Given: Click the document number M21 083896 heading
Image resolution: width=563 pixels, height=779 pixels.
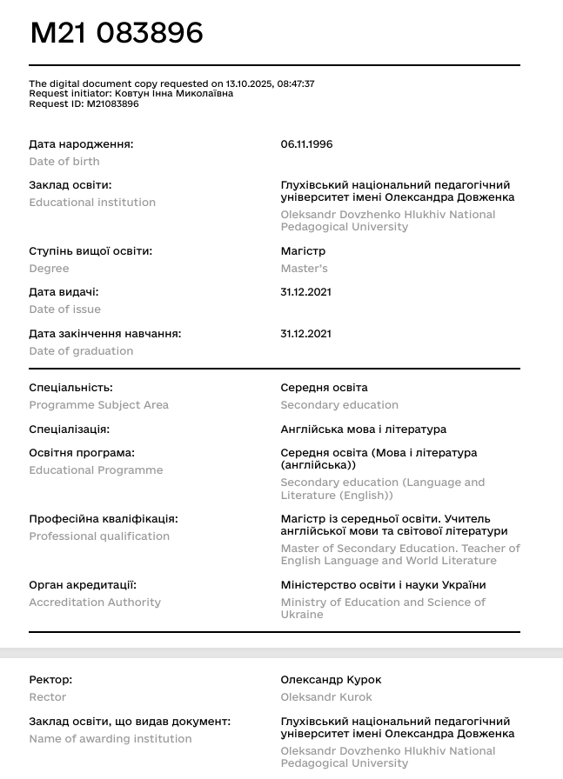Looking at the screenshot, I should click(117, 33).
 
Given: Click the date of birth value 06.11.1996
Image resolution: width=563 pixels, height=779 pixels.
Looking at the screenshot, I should click(306, 144).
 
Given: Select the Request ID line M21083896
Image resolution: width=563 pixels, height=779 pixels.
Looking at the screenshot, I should click(84, 103).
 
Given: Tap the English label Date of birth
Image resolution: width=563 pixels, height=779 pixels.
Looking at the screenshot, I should click(64, 162).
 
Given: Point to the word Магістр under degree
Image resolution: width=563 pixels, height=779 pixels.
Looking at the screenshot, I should click(303, 251).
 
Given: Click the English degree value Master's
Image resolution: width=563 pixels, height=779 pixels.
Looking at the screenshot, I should click(304, 269).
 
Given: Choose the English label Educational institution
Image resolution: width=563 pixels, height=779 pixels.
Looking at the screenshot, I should click(92, 203).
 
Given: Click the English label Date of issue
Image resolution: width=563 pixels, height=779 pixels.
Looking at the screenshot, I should click(65, 310).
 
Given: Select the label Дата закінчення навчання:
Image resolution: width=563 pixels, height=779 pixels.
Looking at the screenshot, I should click(105, 334).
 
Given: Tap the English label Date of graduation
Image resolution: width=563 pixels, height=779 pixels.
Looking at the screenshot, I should click(81, 351).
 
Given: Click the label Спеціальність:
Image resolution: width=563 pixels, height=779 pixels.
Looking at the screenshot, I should click(70, 388).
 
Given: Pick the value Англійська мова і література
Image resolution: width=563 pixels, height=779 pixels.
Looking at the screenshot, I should click(363, 429).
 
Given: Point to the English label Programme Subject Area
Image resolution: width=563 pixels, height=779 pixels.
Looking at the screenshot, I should click(98, 405).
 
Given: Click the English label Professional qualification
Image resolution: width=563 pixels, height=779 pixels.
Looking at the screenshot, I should click(99, 536).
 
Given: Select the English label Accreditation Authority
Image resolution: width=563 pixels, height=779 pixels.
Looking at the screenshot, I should click(95, 603).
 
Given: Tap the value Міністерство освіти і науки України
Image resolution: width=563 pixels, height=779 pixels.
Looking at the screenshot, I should click(383, 585).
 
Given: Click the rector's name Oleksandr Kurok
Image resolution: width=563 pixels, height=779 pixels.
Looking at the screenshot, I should click(326, 697).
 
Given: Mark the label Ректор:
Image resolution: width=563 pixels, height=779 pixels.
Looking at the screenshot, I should click(50, 680).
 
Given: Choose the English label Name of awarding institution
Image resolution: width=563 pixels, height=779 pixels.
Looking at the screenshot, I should click(111, 739).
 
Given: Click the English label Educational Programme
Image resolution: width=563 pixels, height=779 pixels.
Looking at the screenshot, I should click(96, 470).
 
